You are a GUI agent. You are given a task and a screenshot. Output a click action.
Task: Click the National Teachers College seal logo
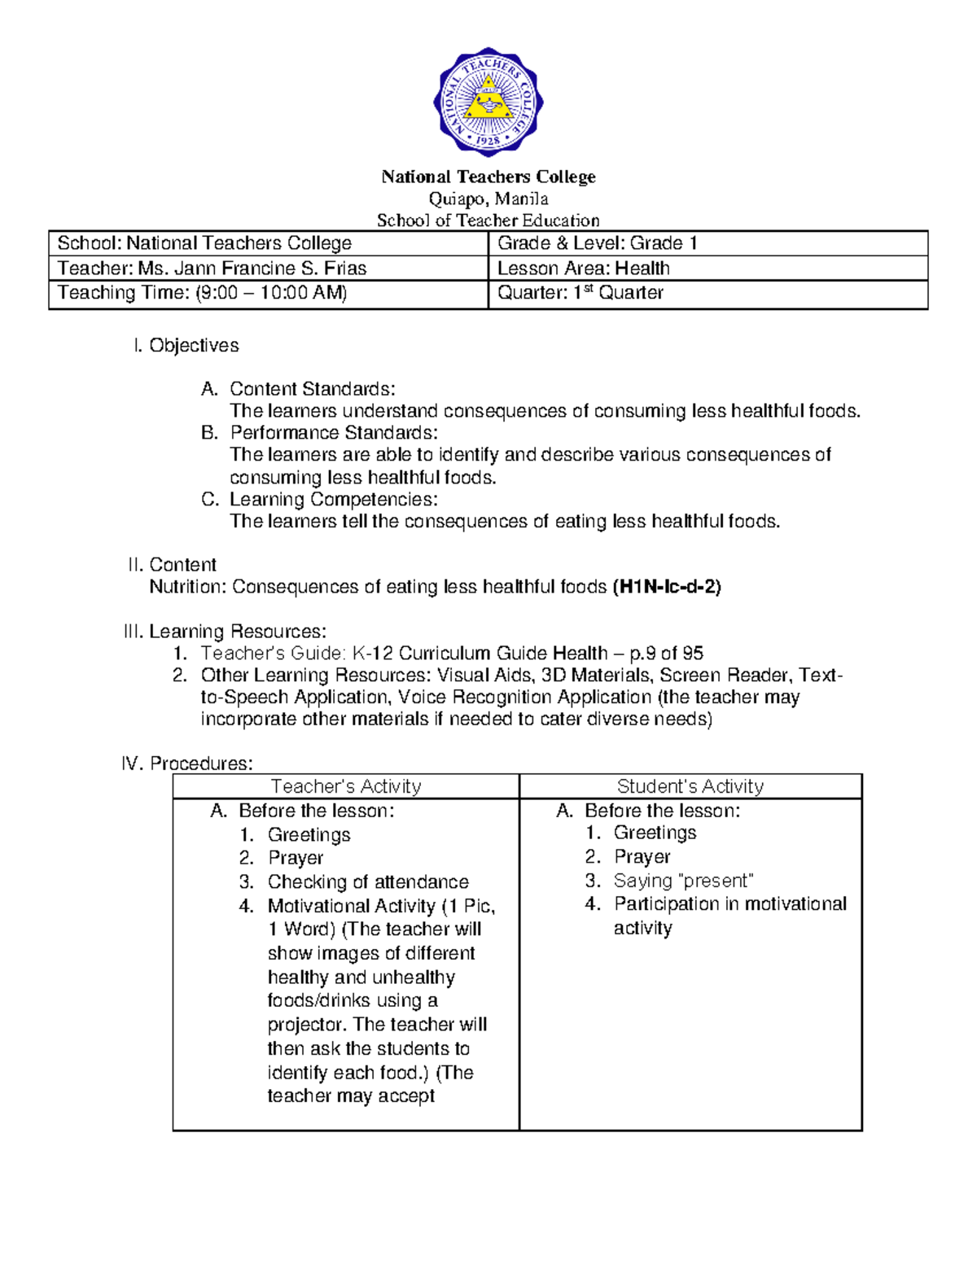pos(488,102)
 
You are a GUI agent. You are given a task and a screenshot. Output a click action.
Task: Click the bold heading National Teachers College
pos(488,177)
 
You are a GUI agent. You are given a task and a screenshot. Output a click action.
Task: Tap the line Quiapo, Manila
pos(488,199)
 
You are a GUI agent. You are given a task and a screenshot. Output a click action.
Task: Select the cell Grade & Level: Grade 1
pos(598,243)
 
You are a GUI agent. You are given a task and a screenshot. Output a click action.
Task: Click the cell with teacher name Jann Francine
pos(212,269)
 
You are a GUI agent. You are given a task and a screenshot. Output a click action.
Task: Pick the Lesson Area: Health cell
pos(583,269)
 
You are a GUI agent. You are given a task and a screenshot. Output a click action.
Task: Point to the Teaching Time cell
pos(202,293)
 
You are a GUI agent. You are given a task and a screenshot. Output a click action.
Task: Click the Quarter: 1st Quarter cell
pos(580,293)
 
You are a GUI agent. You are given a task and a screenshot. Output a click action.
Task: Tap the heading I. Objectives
pos(186,345)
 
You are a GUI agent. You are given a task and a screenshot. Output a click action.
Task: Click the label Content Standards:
pos(312,389)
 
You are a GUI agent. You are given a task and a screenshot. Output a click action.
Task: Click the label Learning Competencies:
pos(333,500)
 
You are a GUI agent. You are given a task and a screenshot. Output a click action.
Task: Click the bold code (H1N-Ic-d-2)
pos(666,587)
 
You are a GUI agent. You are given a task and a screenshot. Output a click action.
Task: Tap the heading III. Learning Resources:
pos(225,632)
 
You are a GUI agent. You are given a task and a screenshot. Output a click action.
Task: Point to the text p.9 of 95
pos(666,654)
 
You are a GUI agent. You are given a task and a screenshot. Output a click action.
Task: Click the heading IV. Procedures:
pos(187,763)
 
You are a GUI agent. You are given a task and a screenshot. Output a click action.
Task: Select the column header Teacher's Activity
pos(346,786)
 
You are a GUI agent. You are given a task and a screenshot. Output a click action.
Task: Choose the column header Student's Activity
pos(690,786)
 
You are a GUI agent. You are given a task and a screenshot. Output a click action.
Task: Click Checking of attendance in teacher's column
pos(368,882)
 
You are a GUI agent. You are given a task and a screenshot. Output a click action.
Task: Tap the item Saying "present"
pos(683,881)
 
